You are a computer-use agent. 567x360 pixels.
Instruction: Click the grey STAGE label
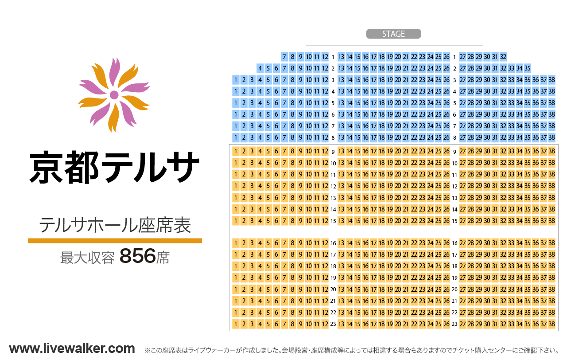393,34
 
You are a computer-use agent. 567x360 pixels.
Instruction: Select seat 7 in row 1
284,57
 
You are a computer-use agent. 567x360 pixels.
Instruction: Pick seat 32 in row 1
503,57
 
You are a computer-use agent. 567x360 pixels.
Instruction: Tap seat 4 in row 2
260,68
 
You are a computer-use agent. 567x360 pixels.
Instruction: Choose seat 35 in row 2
528,68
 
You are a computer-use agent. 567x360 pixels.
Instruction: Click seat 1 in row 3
236,80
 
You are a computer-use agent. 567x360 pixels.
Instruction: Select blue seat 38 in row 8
551,137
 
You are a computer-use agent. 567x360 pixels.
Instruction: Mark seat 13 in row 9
341,151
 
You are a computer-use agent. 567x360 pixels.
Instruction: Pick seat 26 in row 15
447,220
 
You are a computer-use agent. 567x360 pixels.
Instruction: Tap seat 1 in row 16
236,243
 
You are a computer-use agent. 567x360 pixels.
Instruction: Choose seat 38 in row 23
551,324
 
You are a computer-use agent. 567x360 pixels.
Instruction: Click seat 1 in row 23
236,324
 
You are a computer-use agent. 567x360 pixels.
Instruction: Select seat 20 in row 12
398,186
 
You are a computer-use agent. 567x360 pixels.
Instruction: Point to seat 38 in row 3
551,80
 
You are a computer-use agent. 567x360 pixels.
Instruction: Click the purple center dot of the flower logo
114,95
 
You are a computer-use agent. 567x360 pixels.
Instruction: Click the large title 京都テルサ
114,168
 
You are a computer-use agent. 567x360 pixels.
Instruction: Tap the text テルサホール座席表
115,225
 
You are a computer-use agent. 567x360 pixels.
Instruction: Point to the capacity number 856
138,256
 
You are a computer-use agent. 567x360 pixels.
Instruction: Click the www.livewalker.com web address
72,348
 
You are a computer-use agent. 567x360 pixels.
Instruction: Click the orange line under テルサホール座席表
115,241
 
